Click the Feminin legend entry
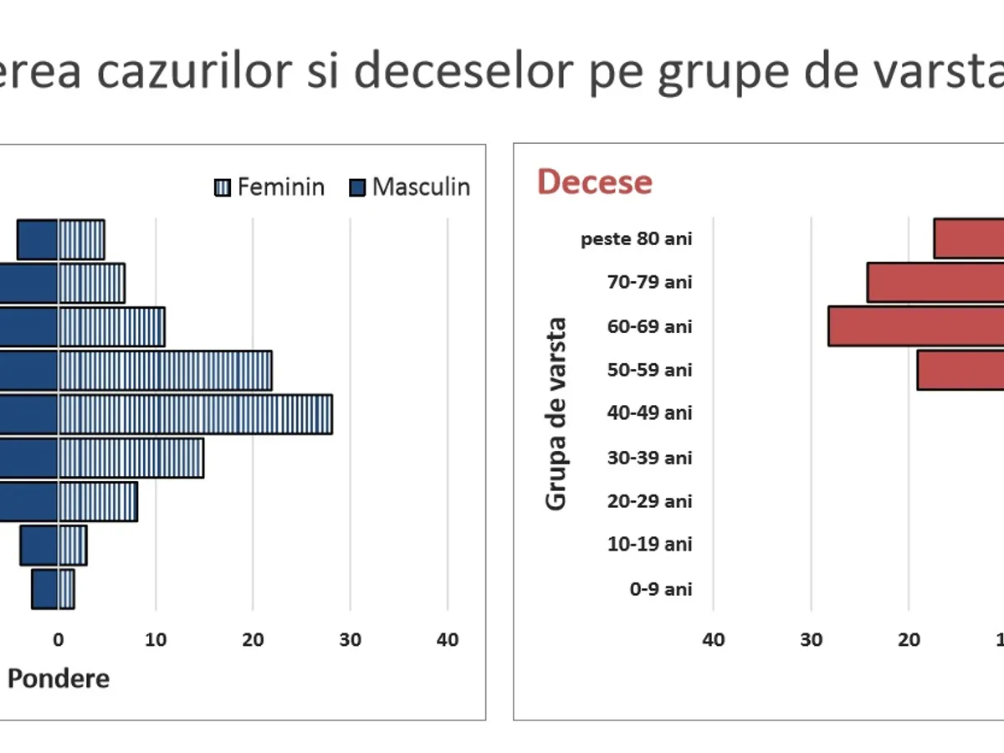tap(269, 187)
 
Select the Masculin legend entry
tap(410, 187)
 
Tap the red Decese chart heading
tap(594, 182)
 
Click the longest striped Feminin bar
tap(195, 414)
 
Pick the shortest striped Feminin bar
tap(66, 589)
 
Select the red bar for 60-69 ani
tap(916, 326)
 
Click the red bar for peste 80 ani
tap(969, 238)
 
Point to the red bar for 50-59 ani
tap(960, 370)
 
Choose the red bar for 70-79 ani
tap(935, 282)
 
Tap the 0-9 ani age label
tap(661, 589)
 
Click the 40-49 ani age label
tap(650, 413)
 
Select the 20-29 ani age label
tap(650, 501)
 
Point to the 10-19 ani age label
tap(650, 545)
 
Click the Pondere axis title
tap(59, 679)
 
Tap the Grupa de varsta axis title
tap(556, 413)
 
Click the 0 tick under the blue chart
tap(58, 640)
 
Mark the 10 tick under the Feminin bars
tap(156, 640)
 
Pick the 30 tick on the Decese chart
tap(811, 640)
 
